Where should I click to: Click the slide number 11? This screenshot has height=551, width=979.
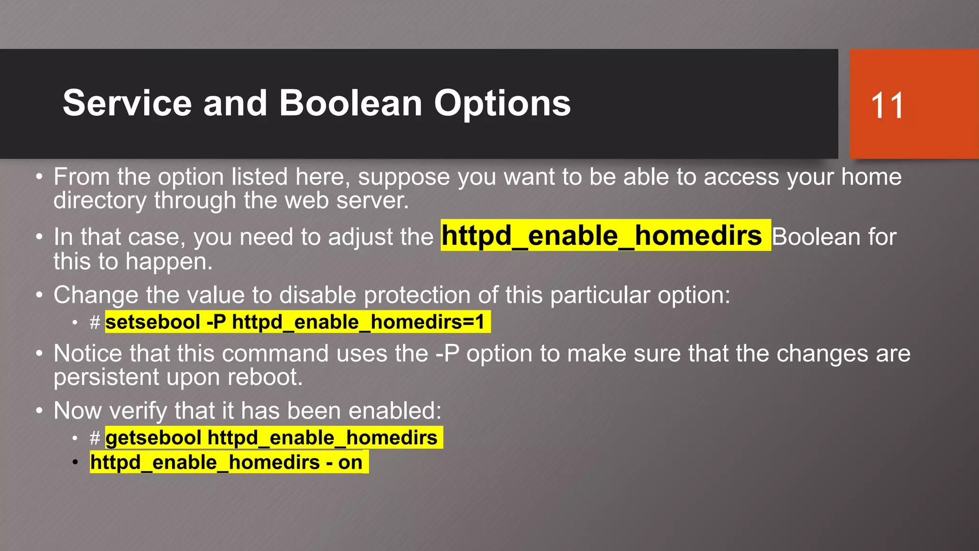(887, 105)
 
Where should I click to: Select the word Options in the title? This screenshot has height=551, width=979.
(502, 104)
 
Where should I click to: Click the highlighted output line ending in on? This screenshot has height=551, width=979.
(227, 463)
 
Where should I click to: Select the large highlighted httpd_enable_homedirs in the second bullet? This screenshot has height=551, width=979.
(601, 236)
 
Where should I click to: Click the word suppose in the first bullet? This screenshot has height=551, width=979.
(404, 177)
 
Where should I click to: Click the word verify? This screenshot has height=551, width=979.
(138, 411)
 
